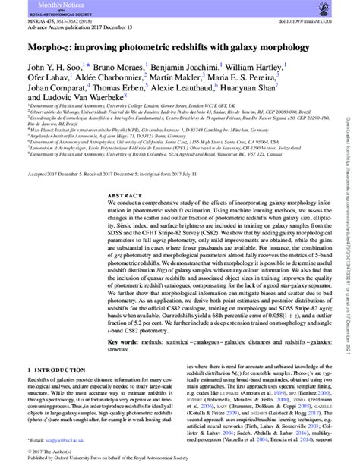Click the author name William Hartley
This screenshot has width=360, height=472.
(x=260, y=66)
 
